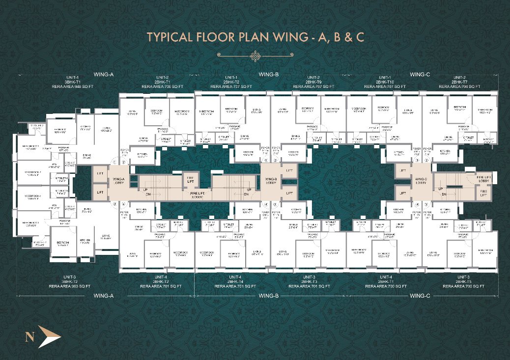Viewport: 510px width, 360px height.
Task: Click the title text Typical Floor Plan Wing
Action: point(255,37)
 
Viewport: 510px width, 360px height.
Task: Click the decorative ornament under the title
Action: point(255,56)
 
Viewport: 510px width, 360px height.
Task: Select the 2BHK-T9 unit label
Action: point(312,82)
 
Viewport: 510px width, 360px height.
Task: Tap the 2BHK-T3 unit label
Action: point(312,281)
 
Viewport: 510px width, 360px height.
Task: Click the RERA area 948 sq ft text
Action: point(72,86)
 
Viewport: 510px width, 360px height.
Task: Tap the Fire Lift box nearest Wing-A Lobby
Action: point(190,179)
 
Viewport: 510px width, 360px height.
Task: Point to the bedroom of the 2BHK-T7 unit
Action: point(459,107)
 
